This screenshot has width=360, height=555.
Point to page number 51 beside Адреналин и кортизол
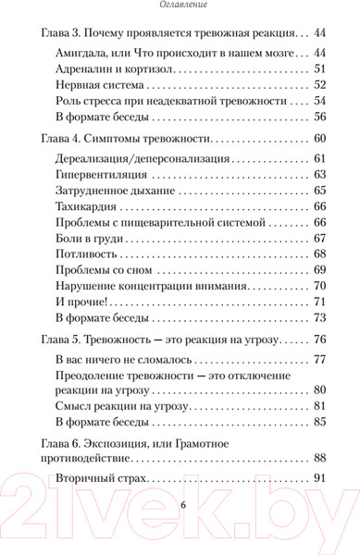click(x=322, y=69)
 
